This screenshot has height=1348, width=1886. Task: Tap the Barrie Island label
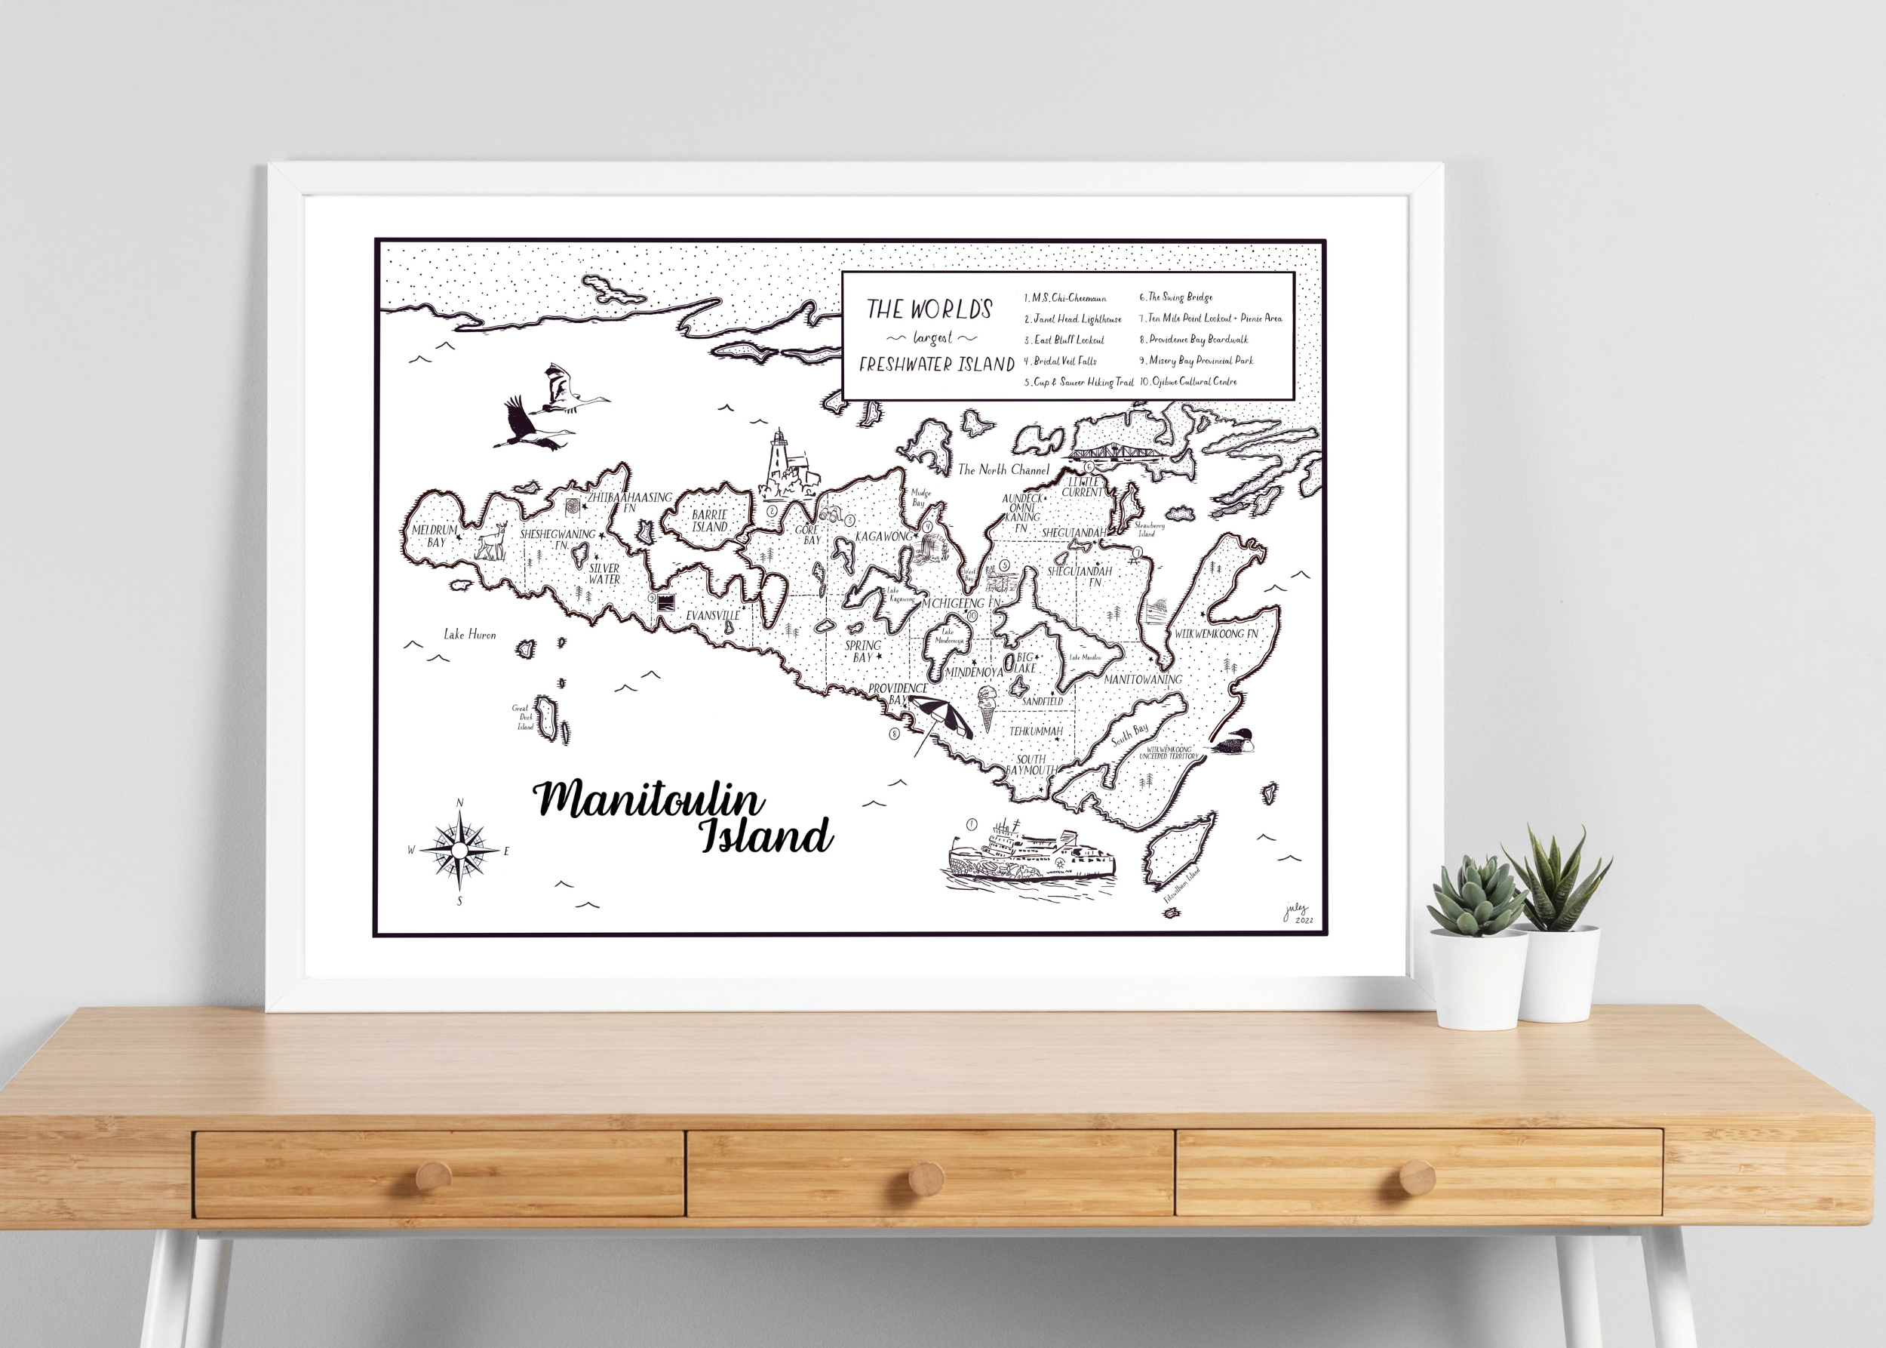click(709, 521)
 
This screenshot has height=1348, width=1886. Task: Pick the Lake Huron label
click(470, 635)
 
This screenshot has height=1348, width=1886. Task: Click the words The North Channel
click(1003, 469)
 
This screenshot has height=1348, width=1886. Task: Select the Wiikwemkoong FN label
click(1215, 633)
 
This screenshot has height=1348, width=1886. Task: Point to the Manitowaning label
click(1143, 679)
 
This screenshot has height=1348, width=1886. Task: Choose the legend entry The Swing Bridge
click(1179, 297)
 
